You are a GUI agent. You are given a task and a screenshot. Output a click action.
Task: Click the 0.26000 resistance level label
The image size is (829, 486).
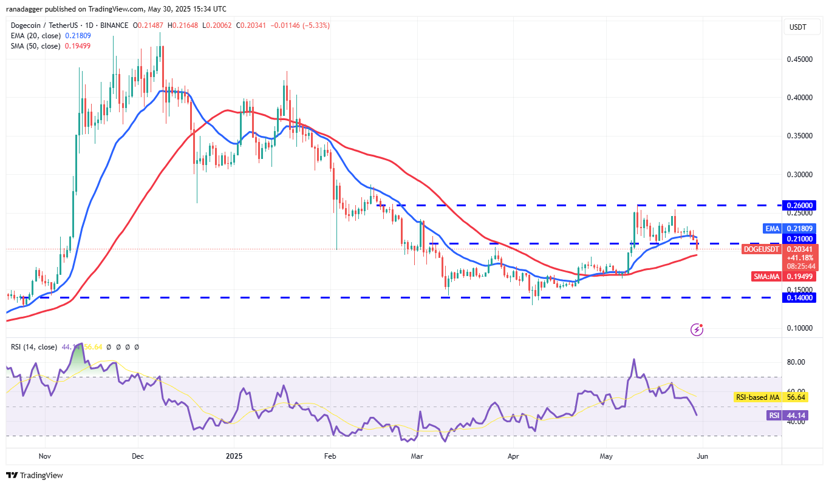801,205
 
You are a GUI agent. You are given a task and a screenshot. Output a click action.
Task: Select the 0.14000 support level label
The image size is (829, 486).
801,297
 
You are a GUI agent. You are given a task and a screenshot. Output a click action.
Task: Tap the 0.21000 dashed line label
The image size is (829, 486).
801,238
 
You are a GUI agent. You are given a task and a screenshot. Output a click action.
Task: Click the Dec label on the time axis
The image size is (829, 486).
137,455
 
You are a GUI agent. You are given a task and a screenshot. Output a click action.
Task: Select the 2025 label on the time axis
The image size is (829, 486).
234,455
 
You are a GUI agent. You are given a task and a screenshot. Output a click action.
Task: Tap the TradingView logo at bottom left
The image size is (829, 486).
35,475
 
